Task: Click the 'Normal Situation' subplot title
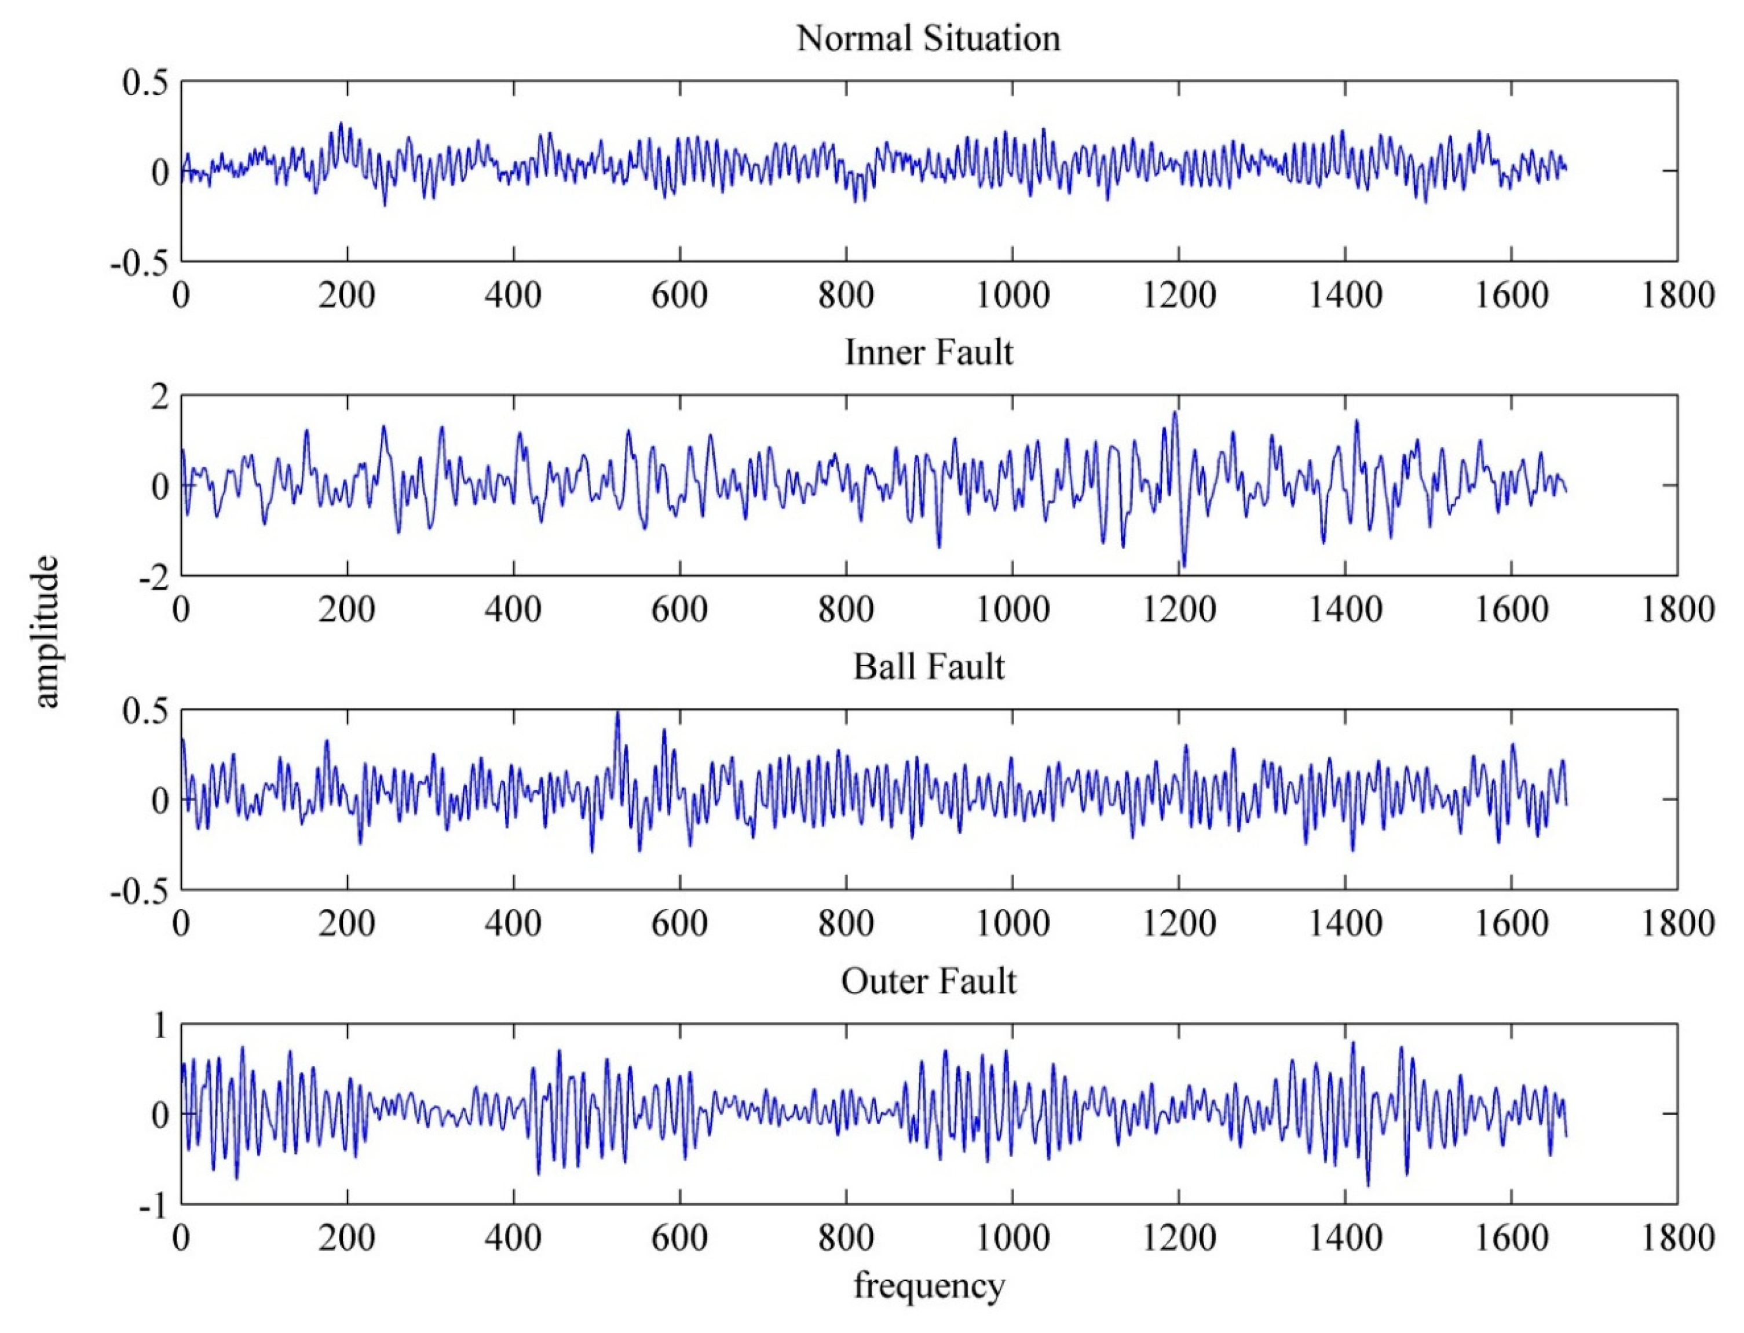pyautogui.click(x=928, y=38)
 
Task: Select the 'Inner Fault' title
pyautogui.click(x=928, y=352)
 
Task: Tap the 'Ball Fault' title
pyautogui.click(x=928, y=666)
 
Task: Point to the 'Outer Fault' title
pyautogui.click(x=928, y=981)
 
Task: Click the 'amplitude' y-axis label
pyautogui.click(x=46, y=631)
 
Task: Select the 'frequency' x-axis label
pyautogui.click(x=928, y=1285)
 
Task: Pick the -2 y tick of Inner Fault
pyautogui.click(x=154, y=578)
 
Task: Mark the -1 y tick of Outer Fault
pyautogui.click(x=154, y=1208)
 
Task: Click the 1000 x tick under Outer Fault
pyautogui.click(x=1012, y=1239)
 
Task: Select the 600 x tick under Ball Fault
pyautogui.click(x=679, y=923)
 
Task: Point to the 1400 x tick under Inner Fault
pyautogui.click(x=1345, y=610)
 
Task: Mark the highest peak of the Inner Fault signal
pyautogui.click(x=1175, y=412)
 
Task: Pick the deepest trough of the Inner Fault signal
pyautogui.click(x=1184, y=565)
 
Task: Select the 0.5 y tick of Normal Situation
pyautogui.click(x=146, y=82)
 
